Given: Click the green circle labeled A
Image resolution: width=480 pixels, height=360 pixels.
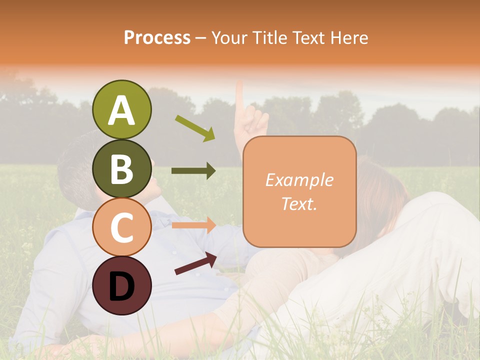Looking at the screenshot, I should (x=121, y=110).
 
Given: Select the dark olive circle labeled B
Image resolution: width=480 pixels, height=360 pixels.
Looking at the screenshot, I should (x=121, y=168).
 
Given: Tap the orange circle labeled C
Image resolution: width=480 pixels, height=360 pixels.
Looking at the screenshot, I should (x=121, y=227).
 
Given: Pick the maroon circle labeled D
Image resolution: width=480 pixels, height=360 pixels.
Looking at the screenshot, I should (x=121, y=285).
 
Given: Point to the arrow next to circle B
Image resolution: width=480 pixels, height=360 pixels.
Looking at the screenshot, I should (x=193, y=171).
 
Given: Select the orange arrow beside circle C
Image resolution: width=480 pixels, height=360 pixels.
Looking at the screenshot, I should (x=193, y=225).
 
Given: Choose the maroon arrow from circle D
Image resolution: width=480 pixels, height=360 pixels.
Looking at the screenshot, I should (x=195, y=263).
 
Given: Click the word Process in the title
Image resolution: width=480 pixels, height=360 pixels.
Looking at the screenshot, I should (x=157, y=37).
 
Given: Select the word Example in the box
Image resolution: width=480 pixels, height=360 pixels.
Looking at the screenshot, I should (x=299, y=180).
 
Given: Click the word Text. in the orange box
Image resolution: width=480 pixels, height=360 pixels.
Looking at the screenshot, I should (x=299, y=204).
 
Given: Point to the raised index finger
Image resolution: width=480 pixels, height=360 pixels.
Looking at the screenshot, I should (x=239, y=97).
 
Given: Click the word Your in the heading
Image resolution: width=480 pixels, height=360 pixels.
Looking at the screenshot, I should (x=229, y=37).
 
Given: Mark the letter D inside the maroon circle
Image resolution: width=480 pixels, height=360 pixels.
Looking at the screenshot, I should (x=121, y=286).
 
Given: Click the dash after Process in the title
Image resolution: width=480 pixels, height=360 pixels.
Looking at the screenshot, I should (x=201, y=38).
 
